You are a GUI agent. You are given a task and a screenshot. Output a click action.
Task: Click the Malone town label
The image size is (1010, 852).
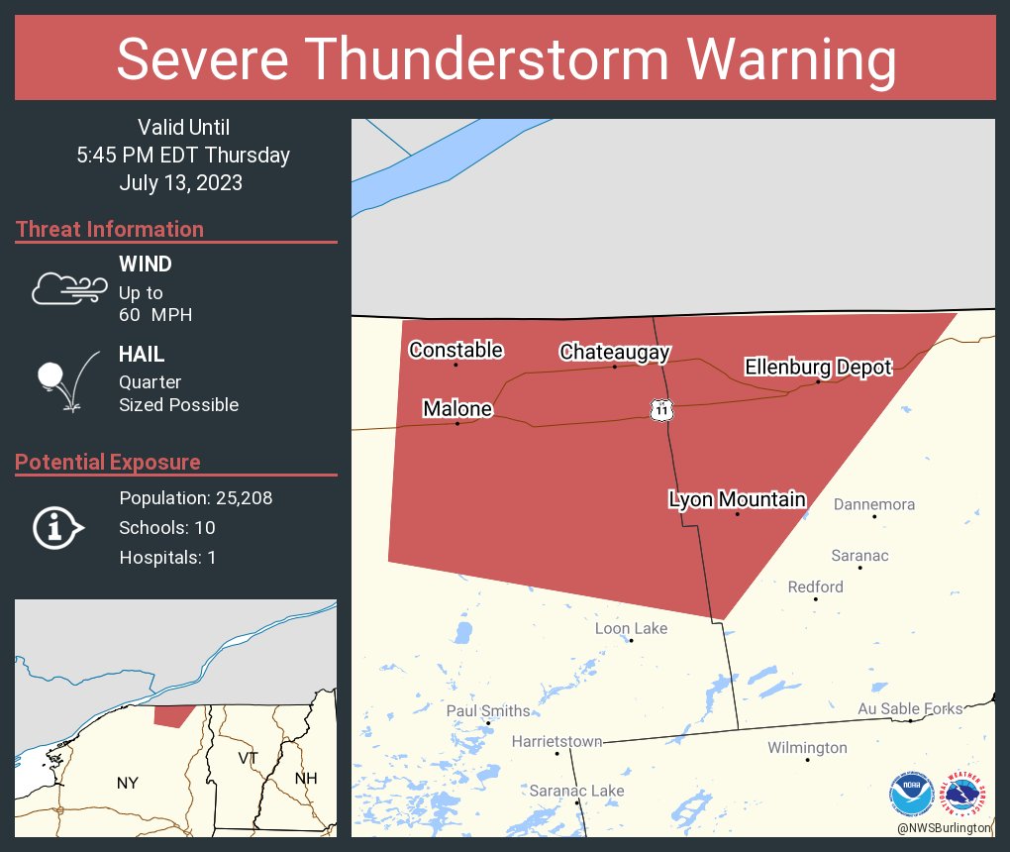(456, 409)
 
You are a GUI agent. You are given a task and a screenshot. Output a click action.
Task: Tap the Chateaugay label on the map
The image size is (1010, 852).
(614, 352)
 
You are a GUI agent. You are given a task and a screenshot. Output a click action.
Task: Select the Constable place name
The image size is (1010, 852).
(455, 350)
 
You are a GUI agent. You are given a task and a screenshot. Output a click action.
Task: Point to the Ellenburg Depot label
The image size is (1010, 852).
(818, 368)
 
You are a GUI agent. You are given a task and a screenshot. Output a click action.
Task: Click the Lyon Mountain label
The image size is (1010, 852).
(737, 499)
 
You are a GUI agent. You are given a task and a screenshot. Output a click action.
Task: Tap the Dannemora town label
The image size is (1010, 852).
(873, 504)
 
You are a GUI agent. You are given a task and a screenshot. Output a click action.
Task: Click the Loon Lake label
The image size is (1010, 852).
(631, 628)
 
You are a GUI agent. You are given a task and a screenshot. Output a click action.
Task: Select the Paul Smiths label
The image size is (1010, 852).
(487, 710)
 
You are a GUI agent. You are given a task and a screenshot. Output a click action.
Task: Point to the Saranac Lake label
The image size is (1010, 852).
(576, 790)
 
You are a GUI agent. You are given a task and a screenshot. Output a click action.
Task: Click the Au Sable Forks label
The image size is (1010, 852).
(909, 708)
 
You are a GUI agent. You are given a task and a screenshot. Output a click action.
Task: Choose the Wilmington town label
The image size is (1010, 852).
(807, 748)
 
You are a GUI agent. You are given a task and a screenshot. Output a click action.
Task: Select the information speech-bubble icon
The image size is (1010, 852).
(58, 527)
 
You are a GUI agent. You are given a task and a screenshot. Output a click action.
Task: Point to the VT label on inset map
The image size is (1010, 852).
(249, 757)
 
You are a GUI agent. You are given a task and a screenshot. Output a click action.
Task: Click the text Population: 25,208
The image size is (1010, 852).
(195, 497)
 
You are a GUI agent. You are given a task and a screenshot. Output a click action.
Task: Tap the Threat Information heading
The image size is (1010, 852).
(110, 229)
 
